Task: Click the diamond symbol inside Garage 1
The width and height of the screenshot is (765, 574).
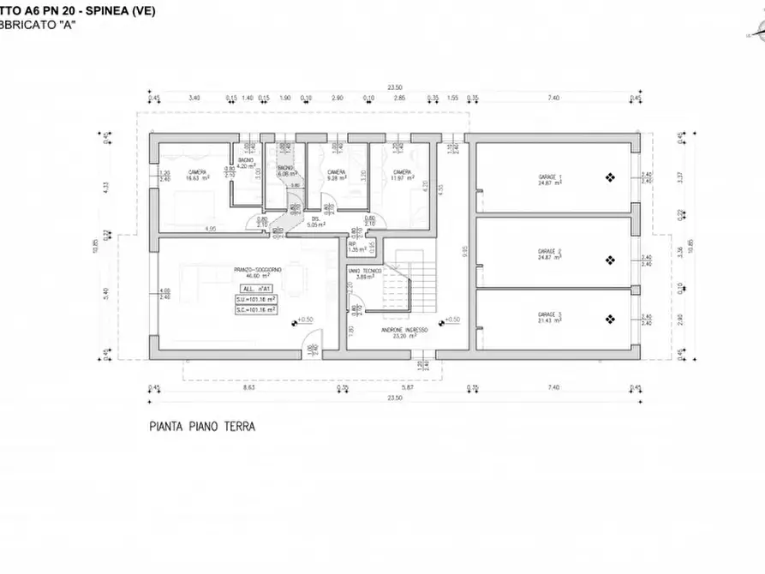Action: (609, 178)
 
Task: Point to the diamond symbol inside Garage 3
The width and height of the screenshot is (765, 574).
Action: (609, 320)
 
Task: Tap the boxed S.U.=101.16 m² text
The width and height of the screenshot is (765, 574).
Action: (255, 300)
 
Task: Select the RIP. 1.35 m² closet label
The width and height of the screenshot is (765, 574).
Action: (353, 246)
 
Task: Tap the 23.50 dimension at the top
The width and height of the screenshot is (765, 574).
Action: (395, 87)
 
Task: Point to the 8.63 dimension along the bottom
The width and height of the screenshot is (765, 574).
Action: (248, 388)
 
